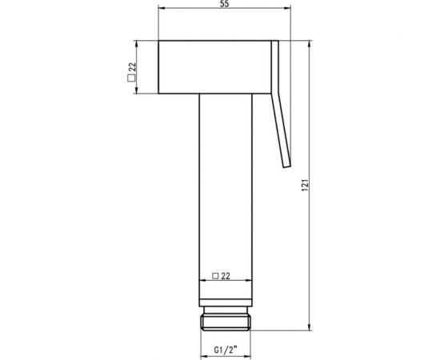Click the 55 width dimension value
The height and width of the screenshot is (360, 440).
point(225,4)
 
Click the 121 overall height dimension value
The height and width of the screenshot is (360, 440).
point(305,185)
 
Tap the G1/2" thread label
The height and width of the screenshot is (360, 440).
point(226,350)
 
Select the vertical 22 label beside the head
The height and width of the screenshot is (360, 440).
point(132,67)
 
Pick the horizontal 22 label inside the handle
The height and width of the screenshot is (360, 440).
point(226,276)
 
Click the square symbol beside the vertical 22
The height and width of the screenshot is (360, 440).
point(130,78)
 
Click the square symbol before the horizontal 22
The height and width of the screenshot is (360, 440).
point(215,276)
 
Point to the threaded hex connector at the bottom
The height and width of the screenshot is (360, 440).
point(226,322)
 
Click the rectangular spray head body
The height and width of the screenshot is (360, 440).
point(214,67)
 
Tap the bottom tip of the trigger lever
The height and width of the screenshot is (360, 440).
point(286,166)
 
